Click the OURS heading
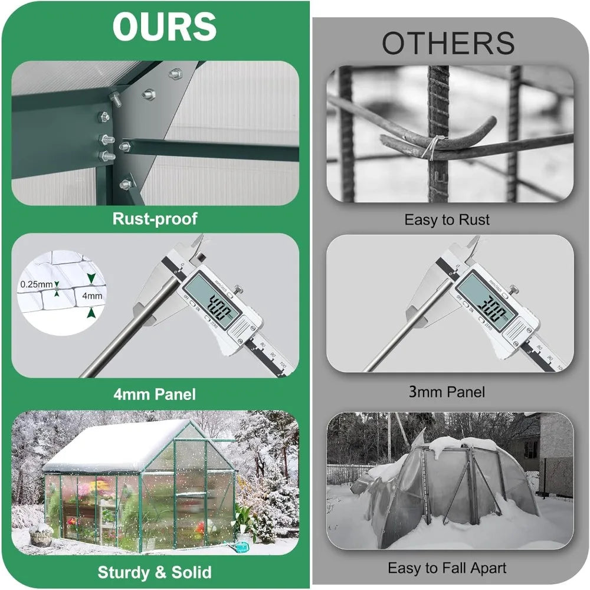[164, 26]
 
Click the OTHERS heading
[448, 44]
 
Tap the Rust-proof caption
[155, 219]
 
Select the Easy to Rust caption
[447, 220]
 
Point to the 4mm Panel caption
[155, 394]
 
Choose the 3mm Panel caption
[447, 391]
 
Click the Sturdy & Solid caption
[155, 572]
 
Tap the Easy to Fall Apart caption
[447, 568]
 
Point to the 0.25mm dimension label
[36, 284]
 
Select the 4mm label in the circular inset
[93, 296]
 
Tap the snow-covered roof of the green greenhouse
[112, 445]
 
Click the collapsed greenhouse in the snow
[448, 490]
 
